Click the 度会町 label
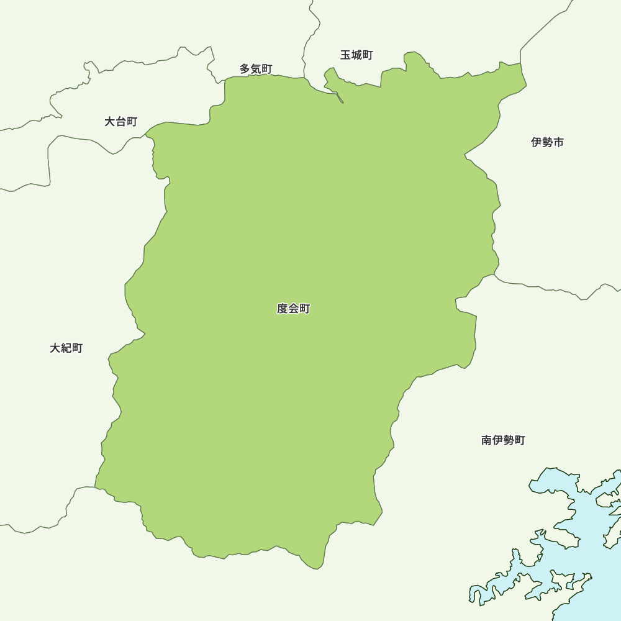point(293,309)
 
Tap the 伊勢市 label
point(547,142)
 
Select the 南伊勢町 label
point(503,440)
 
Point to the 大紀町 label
point(66,348)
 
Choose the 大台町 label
point(120,122)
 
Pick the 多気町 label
point(256,68)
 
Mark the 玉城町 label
point(356,55)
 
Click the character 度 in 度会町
point(282,309)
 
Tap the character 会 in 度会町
point(293,309)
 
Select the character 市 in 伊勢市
point(558,142)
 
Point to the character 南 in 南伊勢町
point(487,440)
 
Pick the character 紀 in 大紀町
point(66,348)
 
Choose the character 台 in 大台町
point(120,122)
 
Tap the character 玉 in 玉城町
point(345,55)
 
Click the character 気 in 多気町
point(256,68)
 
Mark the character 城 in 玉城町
point(356,55)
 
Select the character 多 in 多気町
point(245,68)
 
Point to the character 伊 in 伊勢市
point(536,142)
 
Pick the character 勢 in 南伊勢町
point(509,440)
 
